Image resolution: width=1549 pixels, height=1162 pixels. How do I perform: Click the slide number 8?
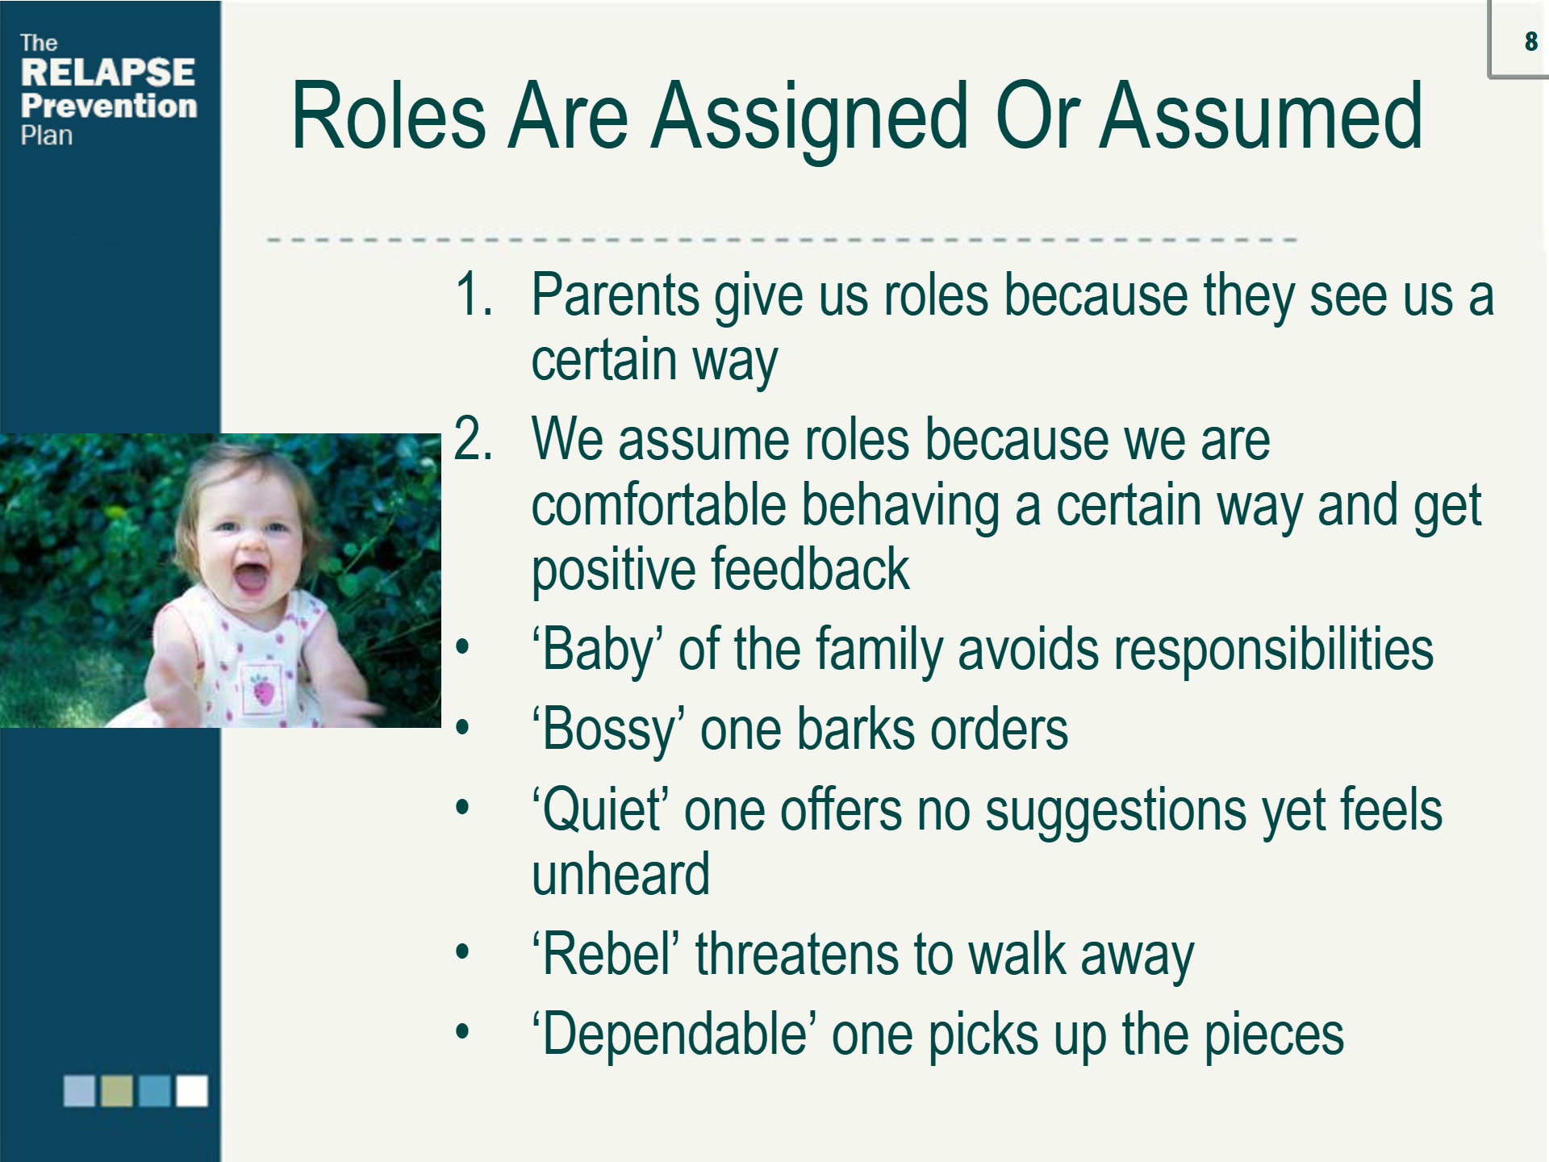click(1530, 41)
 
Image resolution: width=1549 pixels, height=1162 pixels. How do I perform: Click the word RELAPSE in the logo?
click(108, 72)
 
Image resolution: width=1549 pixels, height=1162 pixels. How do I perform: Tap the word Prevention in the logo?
click(109, 105)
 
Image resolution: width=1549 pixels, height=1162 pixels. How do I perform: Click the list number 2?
click(474, 439)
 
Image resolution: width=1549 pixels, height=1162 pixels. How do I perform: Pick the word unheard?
click(620, 874)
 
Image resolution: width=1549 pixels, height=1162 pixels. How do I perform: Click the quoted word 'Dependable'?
click(674, 1036)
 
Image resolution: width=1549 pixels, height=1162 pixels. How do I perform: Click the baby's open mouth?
click(249, 578)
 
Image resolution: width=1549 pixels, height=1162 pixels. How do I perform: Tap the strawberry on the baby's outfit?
click(264, 691)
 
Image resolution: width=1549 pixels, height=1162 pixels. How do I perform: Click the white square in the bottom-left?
click(192, 1091)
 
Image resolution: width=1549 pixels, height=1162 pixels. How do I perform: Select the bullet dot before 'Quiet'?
click(462, 808)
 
